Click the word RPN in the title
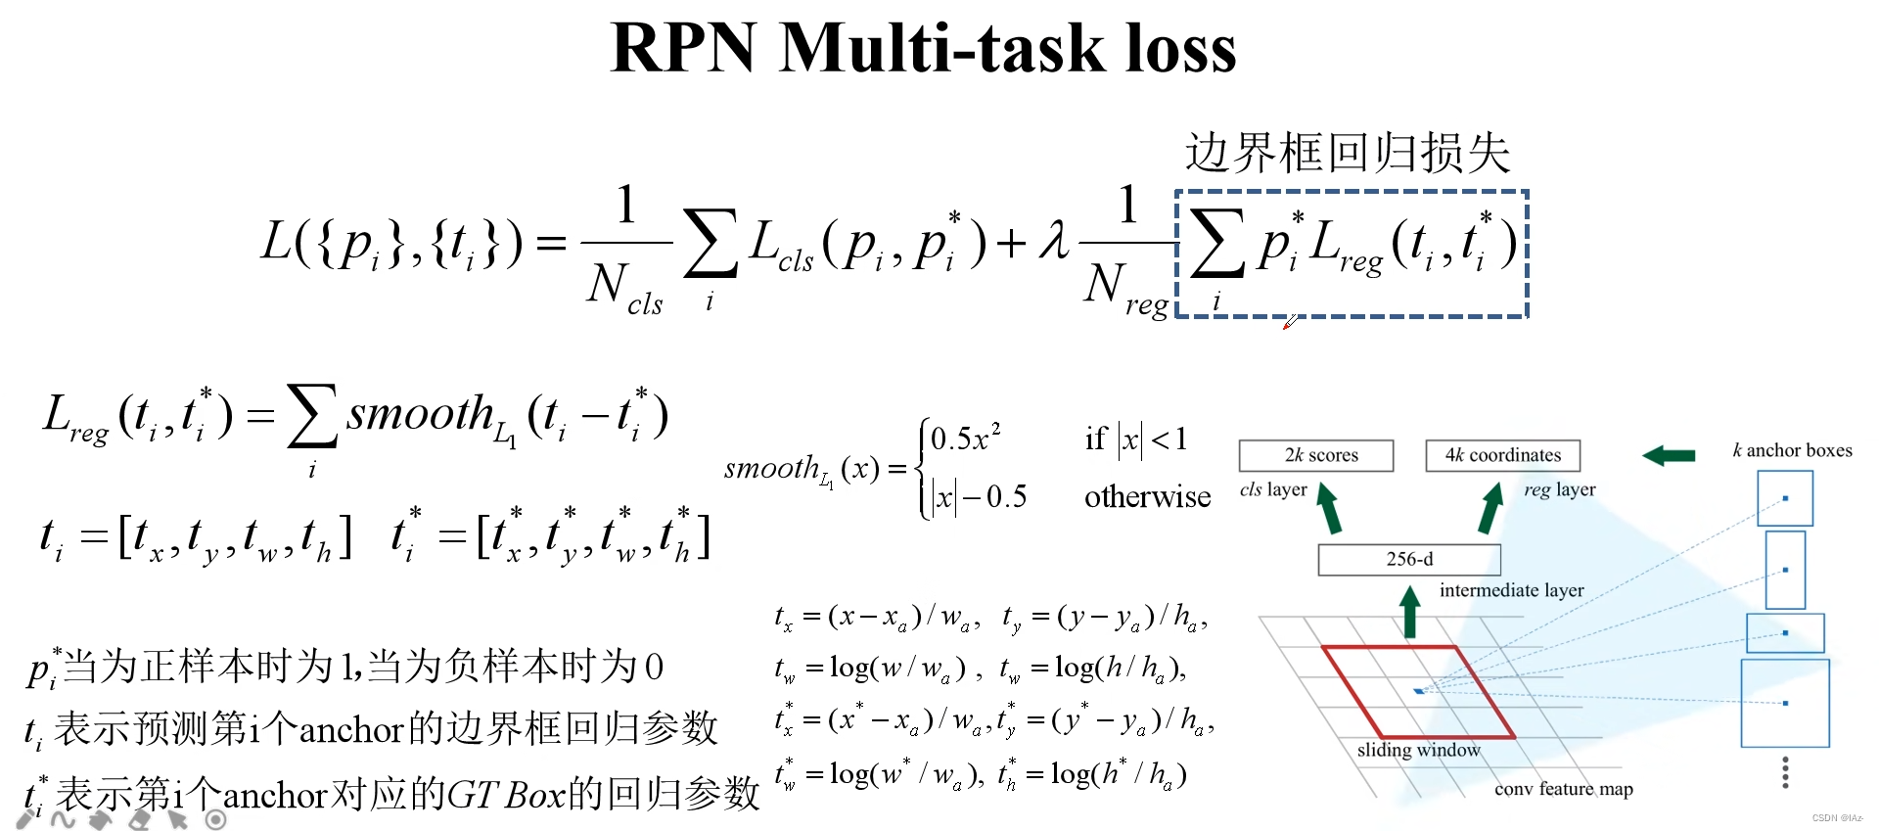click(x=683, y=48)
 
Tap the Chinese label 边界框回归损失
click(x=1348, y=154)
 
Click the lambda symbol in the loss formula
click(x=1054, y=240)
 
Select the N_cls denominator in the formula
click(x=624, y=290)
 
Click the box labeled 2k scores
click(x=1316, y=455)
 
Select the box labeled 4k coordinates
click(x=1502, y=455)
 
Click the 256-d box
click(x=1409, y=559)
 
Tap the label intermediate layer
click(x=1511, y=590)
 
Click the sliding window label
click(x=1418, y=750)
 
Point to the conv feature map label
click(x=1563, y=789)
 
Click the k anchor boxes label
click(x=1792, y=450)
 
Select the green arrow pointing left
click(x=1669, y=455)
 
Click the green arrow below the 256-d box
click(x=1409, y=612)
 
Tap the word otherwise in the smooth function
click(x=1147, y=497)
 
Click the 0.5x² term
click(x=965, y=438)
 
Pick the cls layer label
click(x=1272, y=489)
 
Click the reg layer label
click(x=1559, y=489)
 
